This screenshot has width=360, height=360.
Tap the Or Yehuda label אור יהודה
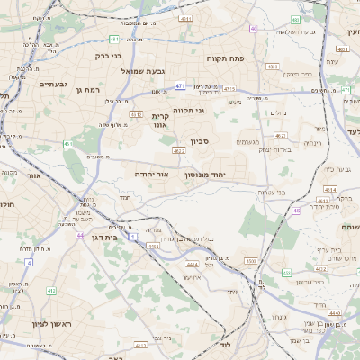pyautogui.click(x=150, y=173)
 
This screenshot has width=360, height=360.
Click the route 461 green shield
pyautogui.click(x=67, y=144)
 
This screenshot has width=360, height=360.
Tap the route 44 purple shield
pyautogui.click(x=80, y=235)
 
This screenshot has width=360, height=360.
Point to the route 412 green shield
pyautogui.click(x=51, y=291)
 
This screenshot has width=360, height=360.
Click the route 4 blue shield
pyautogui.click(x=30, y=262)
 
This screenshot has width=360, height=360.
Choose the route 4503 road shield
pyautogui.click(x=251, y=261)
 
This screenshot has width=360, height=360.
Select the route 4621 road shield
pyautogui.click(x=281, y=135)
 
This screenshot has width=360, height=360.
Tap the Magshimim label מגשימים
pyautogui.click(x=247, y=142)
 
